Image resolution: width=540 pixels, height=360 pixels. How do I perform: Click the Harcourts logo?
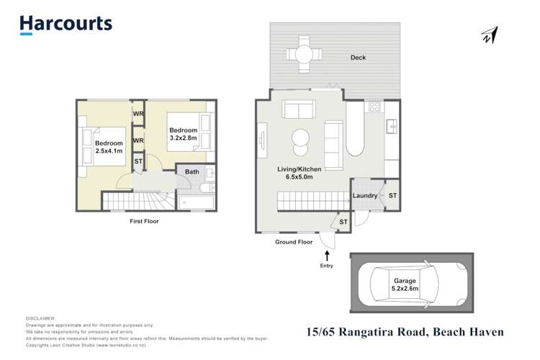[x=66, y=23]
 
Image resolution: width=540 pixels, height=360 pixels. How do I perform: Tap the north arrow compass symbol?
[x=491, y=34]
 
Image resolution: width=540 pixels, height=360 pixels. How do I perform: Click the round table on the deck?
[x=301, y=53]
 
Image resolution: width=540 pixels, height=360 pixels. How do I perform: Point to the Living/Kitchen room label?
[x=300, y=174]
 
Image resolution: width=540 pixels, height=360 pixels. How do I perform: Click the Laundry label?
[x=365, y=195]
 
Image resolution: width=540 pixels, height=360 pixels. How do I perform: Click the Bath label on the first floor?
[x=192, y=172]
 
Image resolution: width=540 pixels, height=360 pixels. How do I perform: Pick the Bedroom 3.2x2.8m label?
[x=184, y=133]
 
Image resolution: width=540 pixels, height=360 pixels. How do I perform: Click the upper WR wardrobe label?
[x=138, y=113]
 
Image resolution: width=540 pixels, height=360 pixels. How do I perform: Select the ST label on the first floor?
[x=138, y=162]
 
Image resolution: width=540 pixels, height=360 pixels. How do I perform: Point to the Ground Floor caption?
[x=294, y=242]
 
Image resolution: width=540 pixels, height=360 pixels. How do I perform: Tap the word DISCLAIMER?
[x=40, y=318]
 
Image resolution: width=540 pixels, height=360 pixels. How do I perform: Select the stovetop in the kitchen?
[x=374, y=107]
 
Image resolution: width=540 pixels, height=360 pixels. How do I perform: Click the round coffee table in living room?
[x=300, y=138]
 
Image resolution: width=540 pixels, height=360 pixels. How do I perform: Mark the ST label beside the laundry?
[x=392, y=195]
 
